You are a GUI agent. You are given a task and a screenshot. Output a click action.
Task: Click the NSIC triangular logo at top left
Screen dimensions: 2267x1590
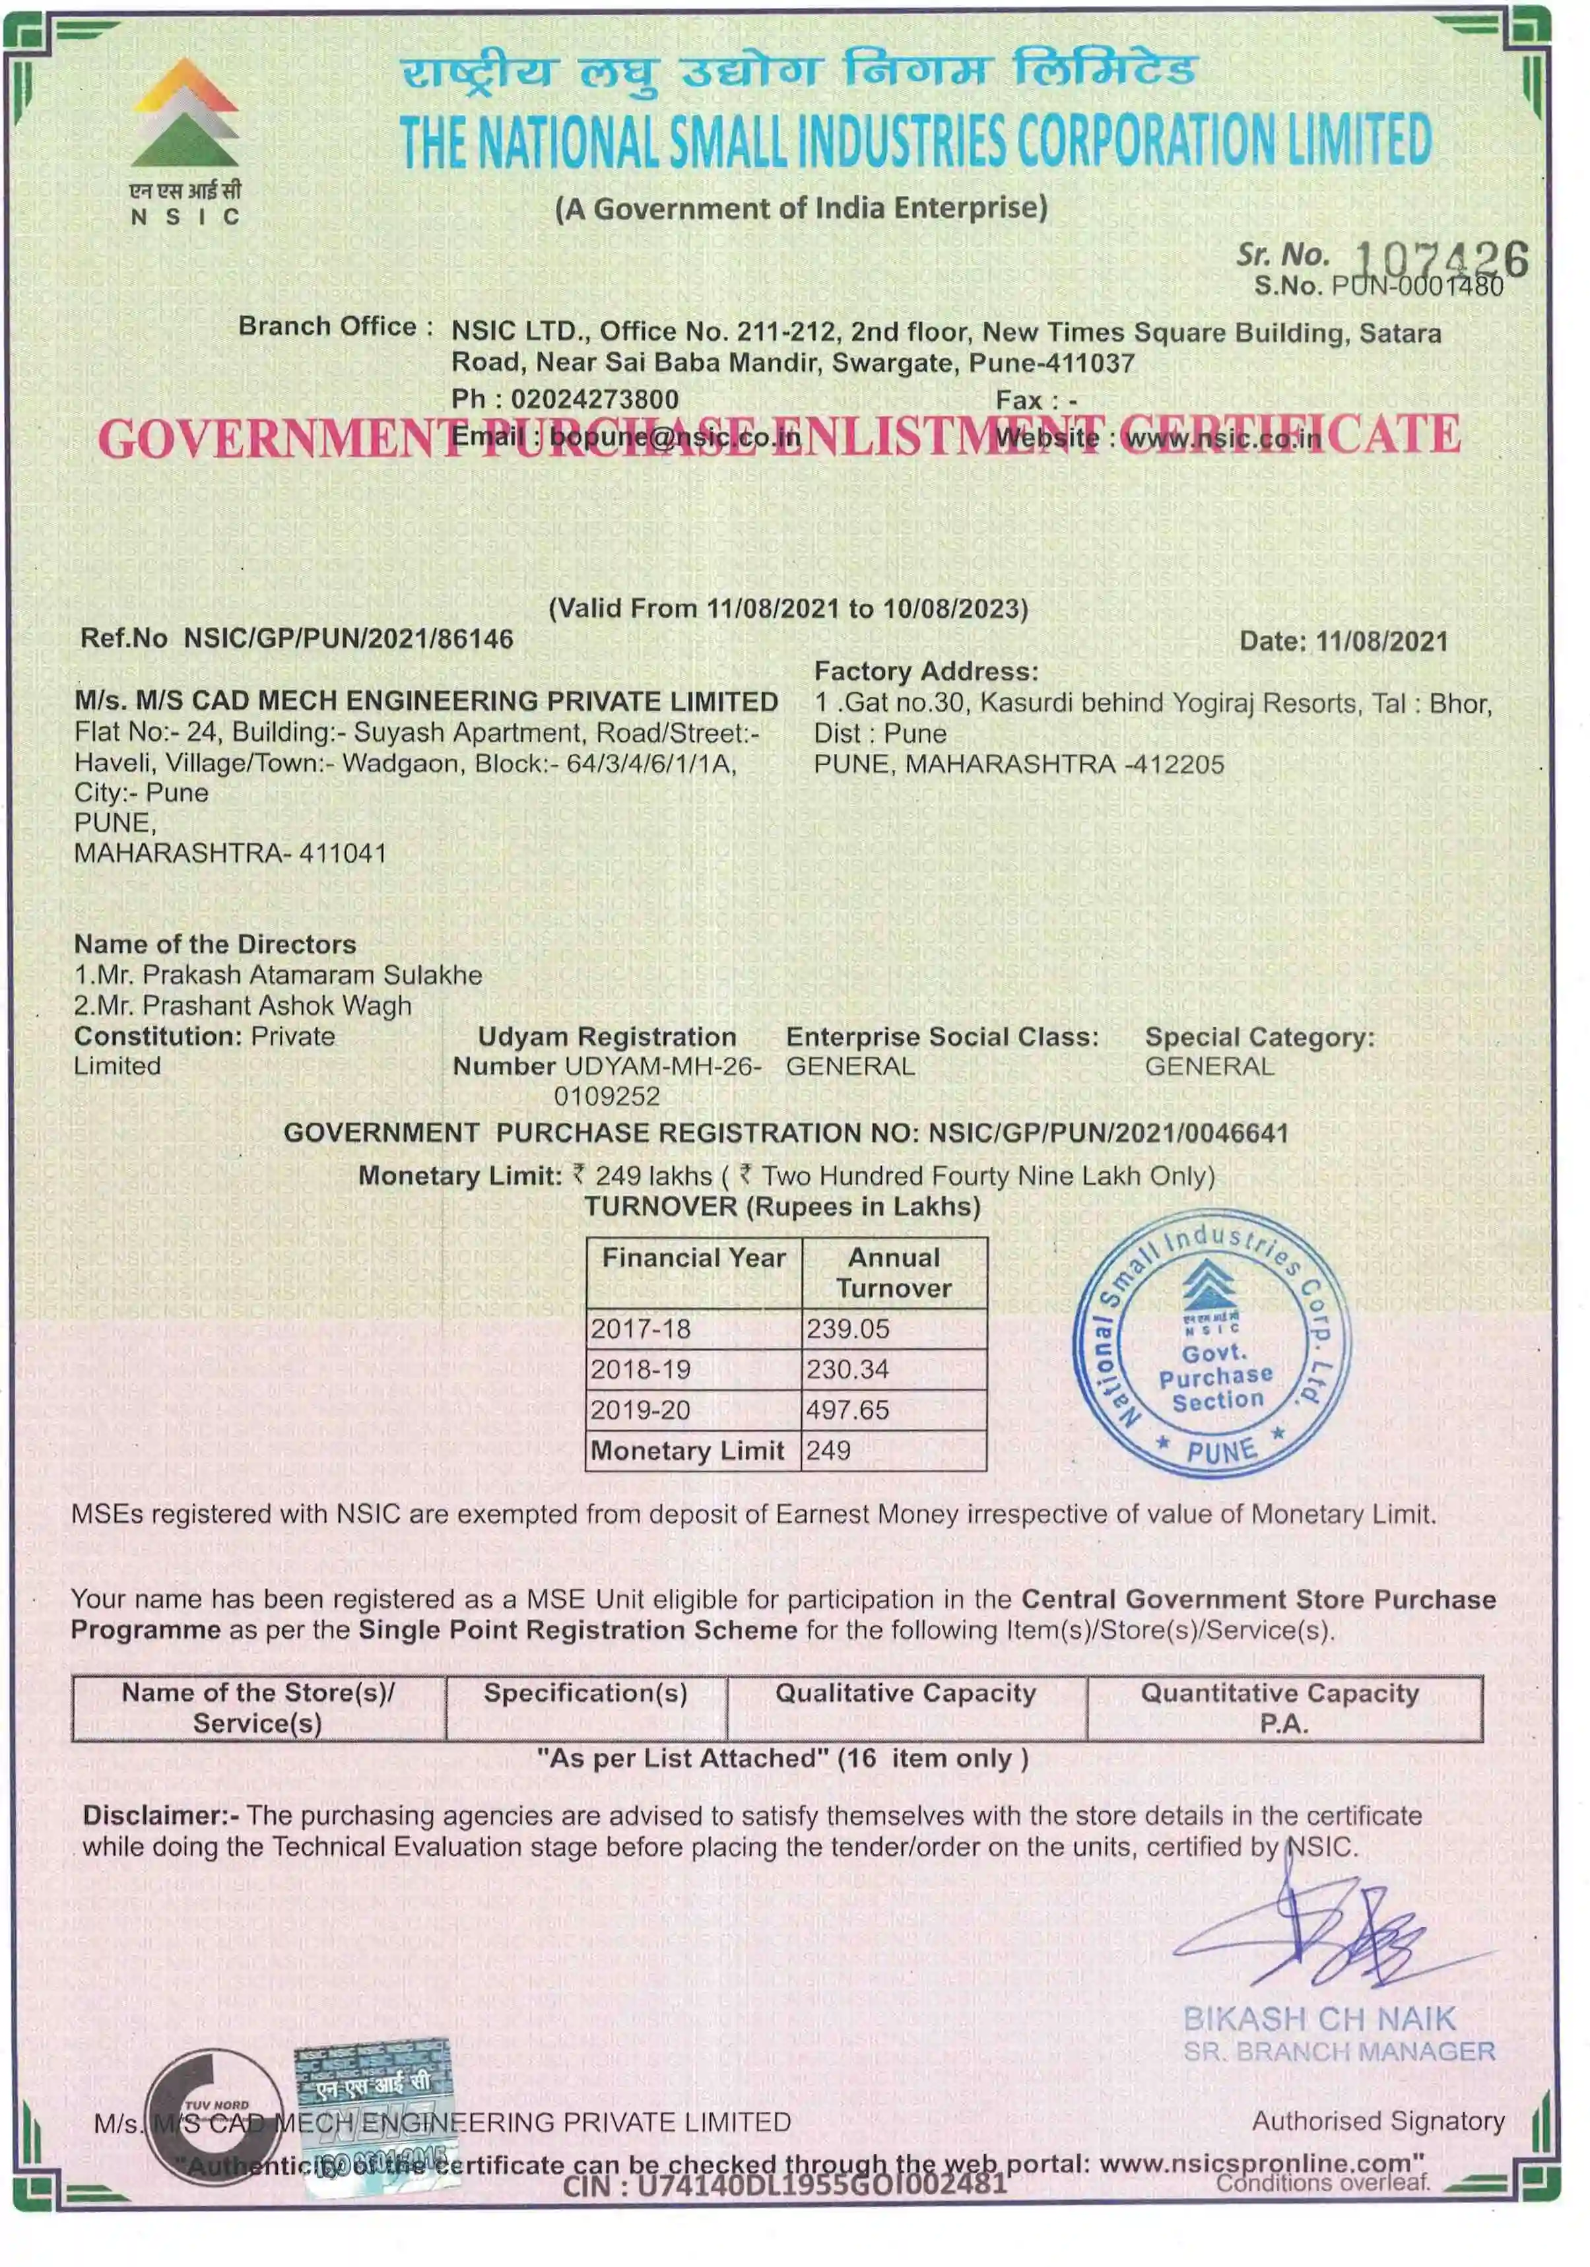click(185, 113)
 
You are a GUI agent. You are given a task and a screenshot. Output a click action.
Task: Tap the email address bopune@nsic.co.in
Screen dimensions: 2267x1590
click(675, 436)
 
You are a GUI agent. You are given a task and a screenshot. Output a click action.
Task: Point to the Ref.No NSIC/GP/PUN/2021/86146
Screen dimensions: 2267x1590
click(348, 639)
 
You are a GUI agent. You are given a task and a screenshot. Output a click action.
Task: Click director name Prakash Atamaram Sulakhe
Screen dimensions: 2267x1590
click(312, 975)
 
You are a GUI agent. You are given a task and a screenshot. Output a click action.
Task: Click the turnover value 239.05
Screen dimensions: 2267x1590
click(847, 1329)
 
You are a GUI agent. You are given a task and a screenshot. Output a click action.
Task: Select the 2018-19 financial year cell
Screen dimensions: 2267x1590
click(640, 1369)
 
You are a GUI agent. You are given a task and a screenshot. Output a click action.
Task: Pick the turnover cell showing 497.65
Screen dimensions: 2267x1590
click(847, 1410)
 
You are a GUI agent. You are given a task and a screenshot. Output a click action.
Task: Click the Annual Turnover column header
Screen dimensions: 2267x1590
click(894, 1272)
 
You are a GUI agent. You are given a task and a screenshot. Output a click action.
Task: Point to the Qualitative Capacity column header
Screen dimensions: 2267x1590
click(905, 1693)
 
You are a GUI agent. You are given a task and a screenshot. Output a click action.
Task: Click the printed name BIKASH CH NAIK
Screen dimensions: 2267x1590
click(1319, 2018)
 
